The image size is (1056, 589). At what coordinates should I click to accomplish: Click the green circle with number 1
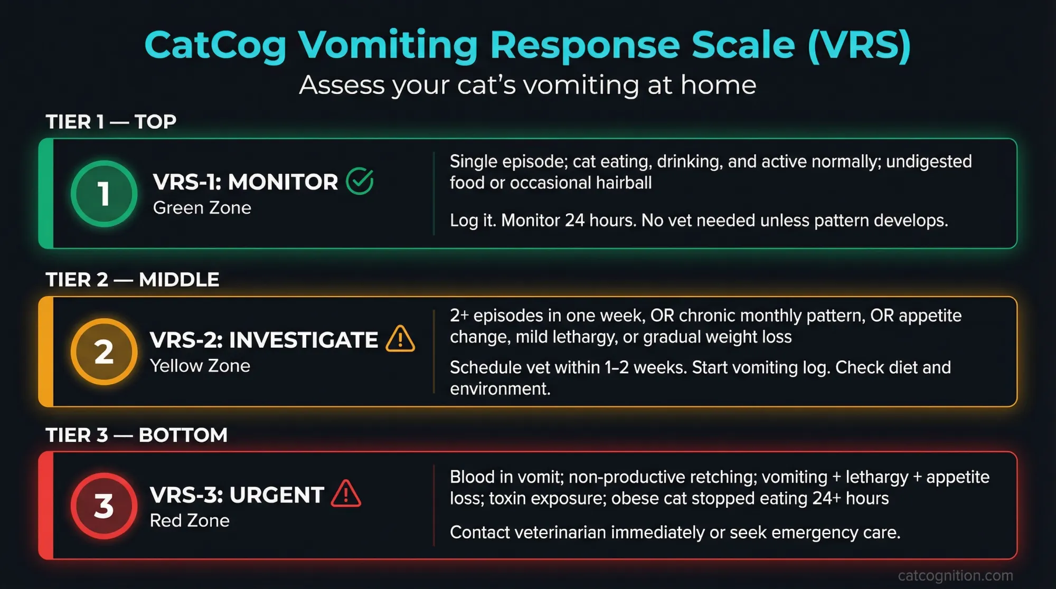[104, 194]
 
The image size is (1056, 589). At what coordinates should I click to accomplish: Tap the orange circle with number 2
[104, 351]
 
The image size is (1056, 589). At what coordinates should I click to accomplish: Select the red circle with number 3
[104, 506]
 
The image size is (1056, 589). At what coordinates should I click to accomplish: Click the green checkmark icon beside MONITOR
[360, 182]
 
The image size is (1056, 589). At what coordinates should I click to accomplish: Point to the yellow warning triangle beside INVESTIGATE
[400, 339]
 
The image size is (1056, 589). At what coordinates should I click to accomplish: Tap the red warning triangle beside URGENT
[346, 495]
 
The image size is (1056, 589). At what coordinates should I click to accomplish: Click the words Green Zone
[202, 208]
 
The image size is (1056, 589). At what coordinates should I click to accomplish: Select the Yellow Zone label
[200, 366]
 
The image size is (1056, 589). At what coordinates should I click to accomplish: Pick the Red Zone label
[190, 521]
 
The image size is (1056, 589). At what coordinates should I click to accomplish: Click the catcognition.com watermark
[955, 575]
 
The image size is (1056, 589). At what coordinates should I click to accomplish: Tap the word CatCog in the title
[215, 45]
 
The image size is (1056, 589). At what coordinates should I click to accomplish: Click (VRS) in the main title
[859, 45]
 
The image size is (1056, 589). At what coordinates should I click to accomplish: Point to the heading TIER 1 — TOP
[111, 122]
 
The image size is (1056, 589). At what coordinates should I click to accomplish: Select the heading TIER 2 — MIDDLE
[132, 280]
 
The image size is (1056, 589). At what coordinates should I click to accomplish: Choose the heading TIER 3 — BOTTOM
[136, 435]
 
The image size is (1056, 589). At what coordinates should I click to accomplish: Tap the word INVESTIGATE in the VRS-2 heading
[303, 340]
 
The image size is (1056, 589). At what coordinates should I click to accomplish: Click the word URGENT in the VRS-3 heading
[277, 496]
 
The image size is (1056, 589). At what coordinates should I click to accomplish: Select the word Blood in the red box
[472, 477]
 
